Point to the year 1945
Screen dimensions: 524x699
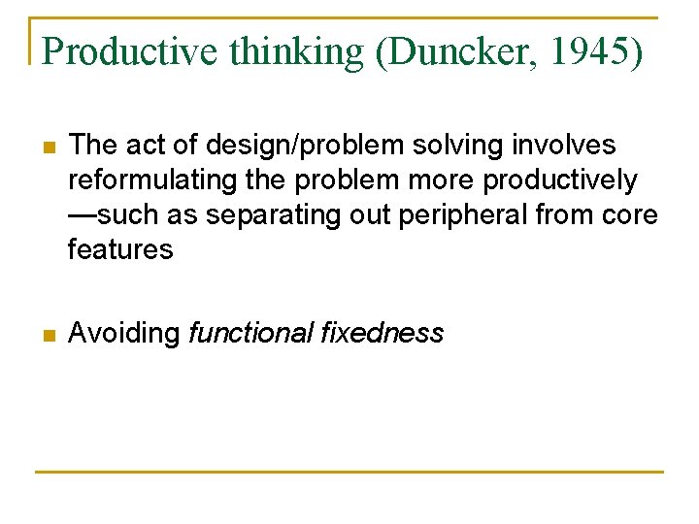(588, 51)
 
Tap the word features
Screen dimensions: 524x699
(120, 250)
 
